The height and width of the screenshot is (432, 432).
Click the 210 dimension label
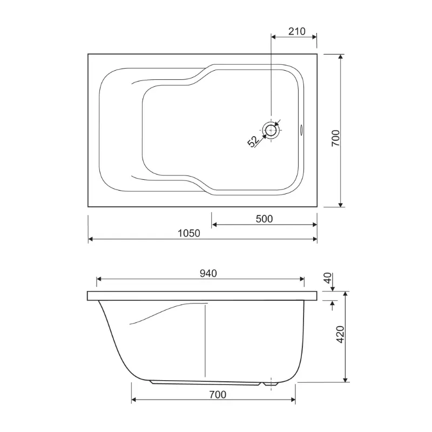point(296,31)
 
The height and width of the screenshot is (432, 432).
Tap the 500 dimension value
point(264,219)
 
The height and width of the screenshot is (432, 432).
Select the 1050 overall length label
point(188,233)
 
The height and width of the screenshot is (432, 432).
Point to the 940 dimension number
point(208,273)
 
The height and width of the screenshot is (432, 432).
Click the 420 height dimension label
point(341,334)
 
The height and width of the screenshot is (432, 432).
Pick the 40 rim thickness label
point(328,278)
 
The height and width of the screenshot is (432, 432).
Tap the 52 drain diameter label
point(253,141)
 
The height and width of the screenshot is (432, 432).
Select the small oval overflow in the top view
point(301,130)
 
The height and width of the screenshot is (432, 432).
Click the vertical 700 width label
point(335,138)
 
